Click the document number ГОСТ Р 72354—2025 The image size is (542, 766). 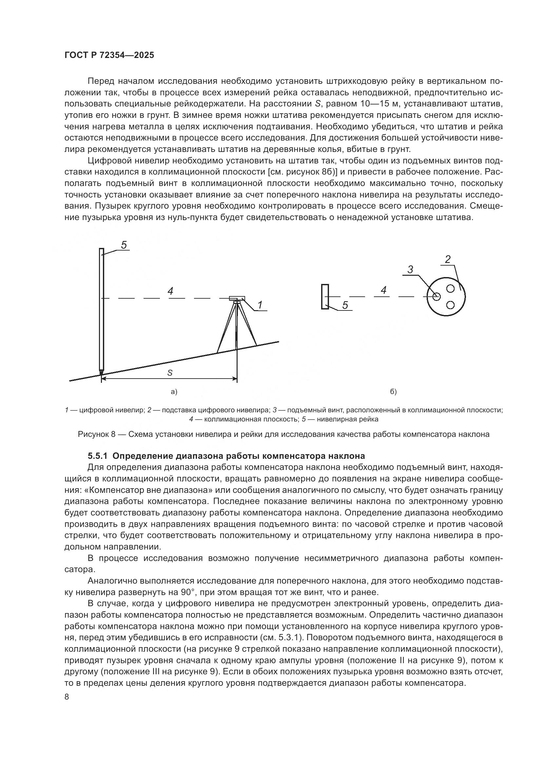[109, 55]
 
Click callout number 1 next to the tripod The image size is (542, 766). [260, 305]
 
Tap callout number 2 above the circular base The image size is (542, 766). [448, 259]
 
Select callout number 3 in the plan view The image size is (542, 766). [410, 270]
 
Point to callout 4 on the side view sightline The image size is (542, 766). [170, 291]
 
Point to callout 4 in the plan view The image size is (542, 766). [383, 290]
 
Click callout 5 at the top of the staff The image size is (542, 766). [124, 245]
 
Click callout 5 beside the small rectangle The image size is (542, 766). [345, 305]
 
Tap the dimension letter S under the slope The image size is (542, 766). [169, 373]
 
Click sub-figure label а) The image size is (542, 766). [174, 392]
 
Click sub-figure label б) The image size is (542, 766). [394, 392]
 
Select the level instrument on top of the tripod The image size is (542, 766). [237, 298]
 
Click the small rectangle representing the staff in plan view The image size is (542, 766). [325, 297]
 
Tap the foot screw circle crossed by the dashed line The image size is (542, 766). [436, 296]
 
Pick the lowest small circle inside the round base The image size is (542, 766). [450, 305]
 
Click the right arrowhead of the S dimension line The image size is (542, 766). [235, 379]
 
